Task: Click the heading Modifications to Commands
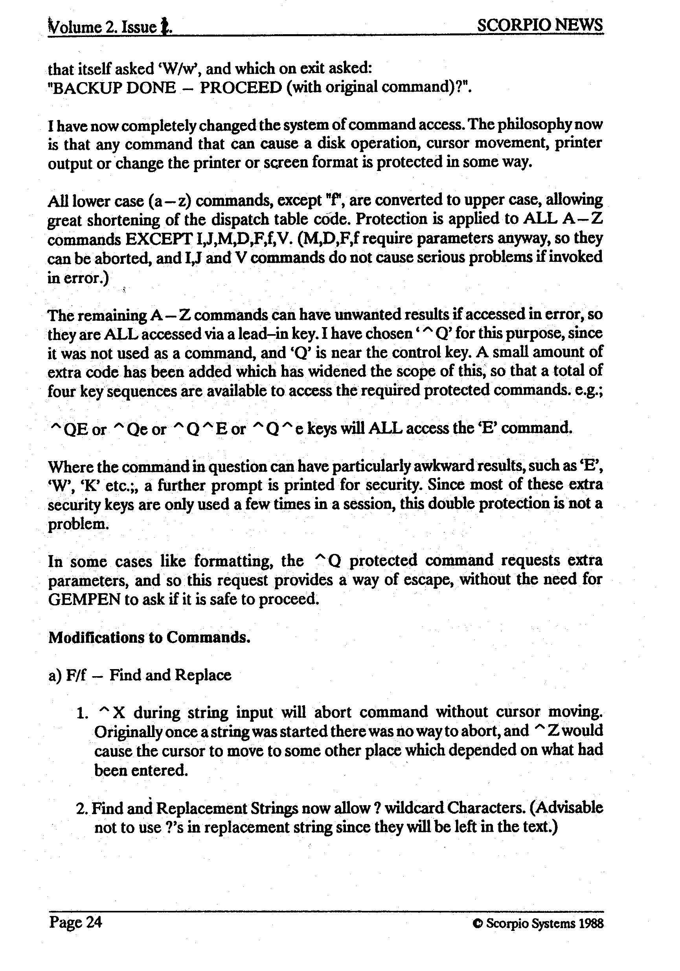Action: tap(149, 637)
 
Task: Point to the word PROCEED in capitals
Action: tap(241, 88)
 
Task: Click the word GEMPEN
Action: tap(84, 600)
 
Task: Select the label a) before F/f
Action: tap(55, 675)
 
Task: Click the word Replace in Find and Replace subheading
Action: tap(203, 675)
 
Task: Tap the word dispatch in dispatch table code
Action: tap(241, 219)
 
